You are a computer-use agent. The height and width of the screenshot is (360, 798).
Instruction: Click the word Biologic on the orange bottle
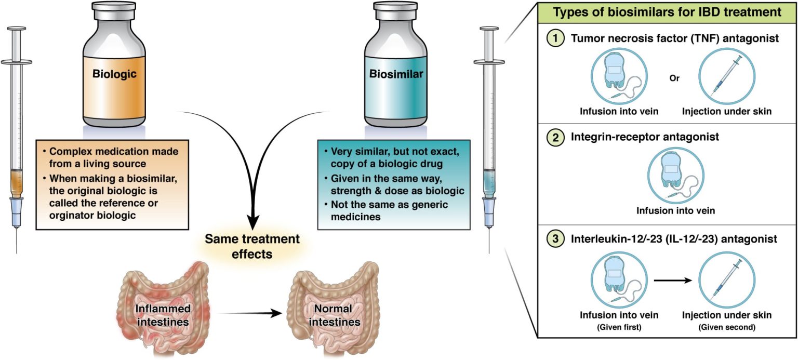coord(114,74)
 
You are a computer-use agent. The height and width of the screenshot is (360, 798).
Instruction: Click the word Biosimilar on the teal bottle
coord(396,74)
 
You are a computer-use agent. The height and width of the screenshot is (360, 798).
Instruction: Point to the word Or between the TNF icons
coord(674,79)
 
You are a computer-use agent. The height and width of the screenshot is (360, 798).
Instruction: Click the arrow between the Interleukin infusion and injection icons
coord(673,281)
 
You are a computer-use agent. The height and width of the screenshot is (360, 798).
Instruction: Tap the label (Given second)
coord(726,327)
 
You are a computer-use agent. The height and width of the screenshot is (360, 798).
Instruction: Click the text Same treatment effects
coord(252,247)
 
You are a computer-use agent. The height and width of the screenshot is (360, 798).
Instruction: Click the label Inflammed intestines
coord(163,315)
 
